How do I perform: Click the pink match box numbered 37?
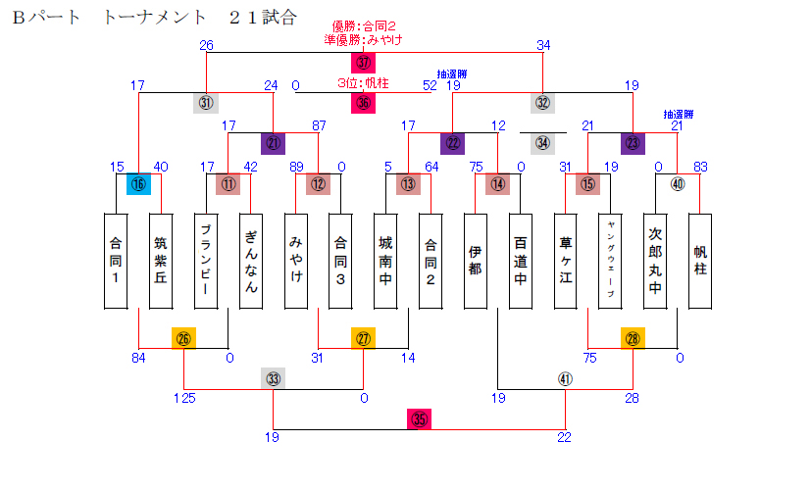(364, 63)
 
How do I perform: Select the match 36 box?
(364, 103)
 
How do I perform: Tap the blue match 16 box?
(138, 183)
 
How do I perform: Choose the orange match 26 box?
(183, 338)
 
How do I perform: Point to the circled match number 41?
(564, 379)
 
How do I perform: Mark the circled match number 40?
(678, 183)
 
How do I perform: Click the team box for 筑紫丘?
(162, 260)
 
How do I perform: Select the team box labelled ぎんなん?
(251, 260)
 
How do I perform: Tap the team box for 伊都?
(476, 260)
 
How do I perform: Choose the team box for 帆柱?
(700, 260)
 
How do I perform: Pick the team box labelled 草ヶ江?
(565, 260)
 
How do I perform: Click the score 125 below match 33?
(185, 398)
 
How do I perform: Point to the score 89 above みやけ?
(296, 167)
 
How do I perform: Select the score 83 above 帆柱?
(700, 167)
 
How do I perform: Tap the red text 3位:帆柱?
(363, 83)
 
